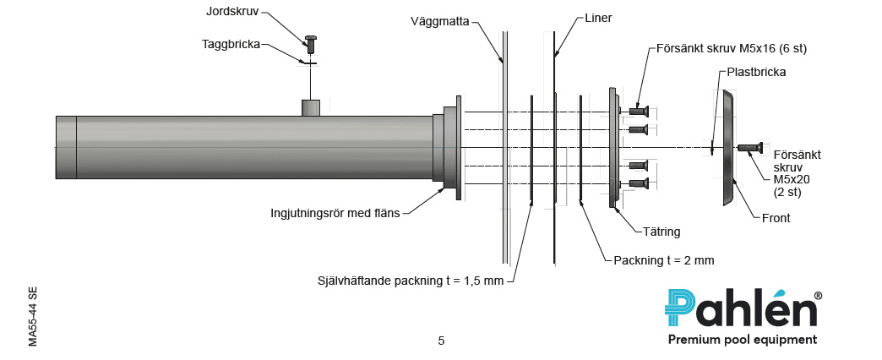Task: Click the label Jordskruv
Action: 231,12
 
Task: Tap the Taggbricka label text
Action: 231,44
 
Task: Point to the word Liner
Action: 598,18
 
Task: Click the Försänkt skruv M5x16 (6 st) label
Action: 732,48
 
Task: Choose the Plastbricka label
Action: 756,72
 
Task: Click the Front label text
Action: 775,217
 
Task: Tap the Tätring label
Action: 661,231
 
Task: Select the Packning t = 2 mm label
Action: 664,260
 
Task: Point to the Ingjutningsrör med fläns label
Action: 335,212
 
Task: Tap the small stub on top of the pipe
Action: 310,107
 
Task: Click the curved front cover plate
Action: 727,148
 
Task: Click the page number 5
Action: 441,341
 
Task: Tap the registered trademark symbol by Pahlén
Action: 818,296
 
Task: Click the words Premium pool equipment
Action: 742,340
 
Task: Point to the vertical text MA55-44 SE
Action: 32,316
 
